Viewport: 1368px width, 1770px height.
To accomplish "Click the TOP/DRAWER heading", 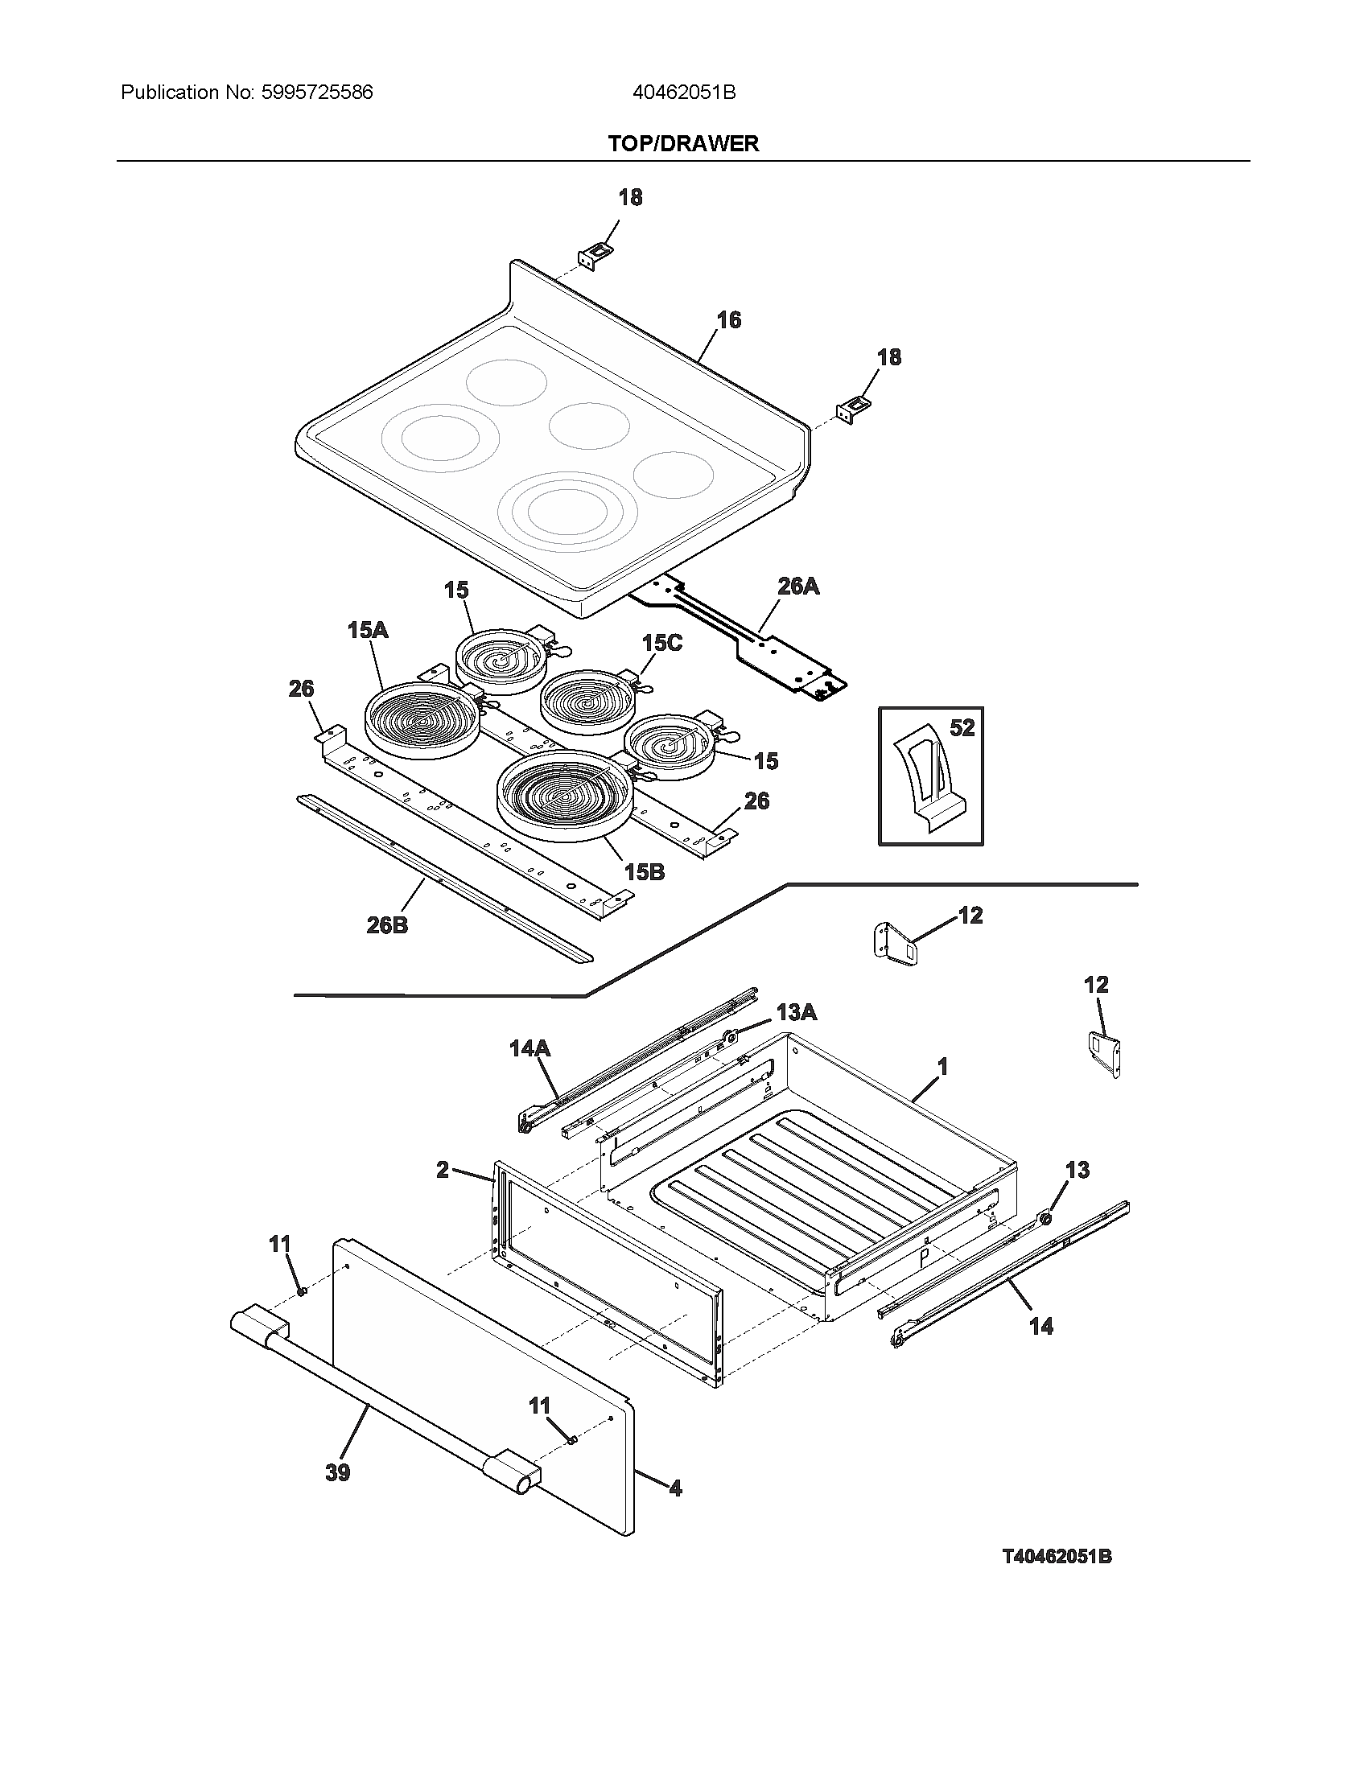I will coord(683,143).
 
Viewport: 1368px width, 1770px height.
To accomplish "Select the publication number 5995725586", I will coord(317,93).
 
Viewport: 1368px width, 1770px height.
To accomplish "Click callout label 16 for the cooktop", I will coord(727,320).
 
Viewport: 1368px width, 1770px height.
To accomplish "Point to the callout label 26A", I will coord(797,586).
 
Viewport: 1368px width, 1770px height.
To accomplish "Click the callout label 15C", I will coord(661,643).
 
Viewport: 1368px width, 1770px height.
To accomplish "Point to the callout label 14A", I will coord(529,1048).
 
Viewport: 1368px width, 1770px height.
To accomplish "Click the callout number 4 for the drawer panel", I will coord(675,1488).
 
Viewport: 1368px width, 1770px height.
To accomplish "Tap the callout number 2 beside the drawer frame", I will coord(443,1170).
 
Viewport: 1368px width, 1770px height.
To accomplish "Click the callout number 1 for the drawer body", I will coord(942,1067).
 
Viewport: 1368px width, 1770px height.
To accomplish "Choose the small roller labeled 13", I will coord(1045,1217).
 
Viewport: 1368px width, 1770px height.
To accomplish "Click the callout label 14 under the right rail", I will coord(1040,1326).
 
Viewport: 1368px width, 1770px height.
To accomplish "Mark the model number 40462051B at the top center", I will coord(683,93).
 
